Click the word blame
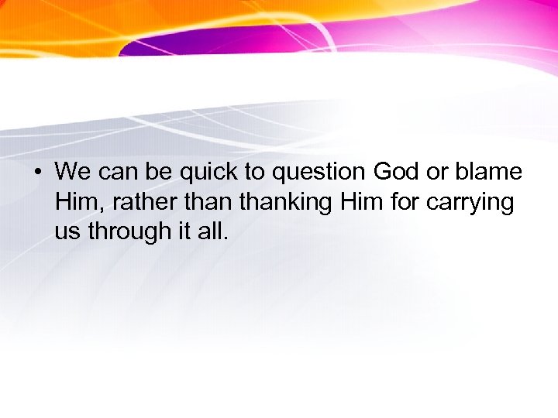click(x=491, y=171)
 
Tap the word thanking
click(x=284, y=202)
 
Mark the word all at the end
click(x=213, y=231)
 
